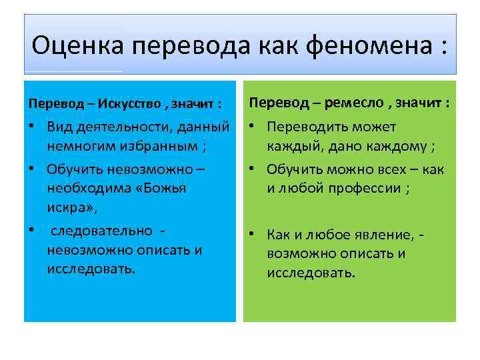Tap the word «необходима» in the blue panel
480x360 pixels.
coord(86,189)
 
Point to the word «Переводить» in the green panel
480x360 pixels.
coord(308,126)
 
